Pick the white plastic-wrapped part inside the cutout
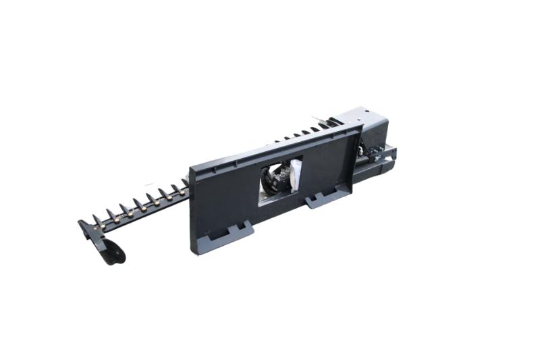tap(295, 172)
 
